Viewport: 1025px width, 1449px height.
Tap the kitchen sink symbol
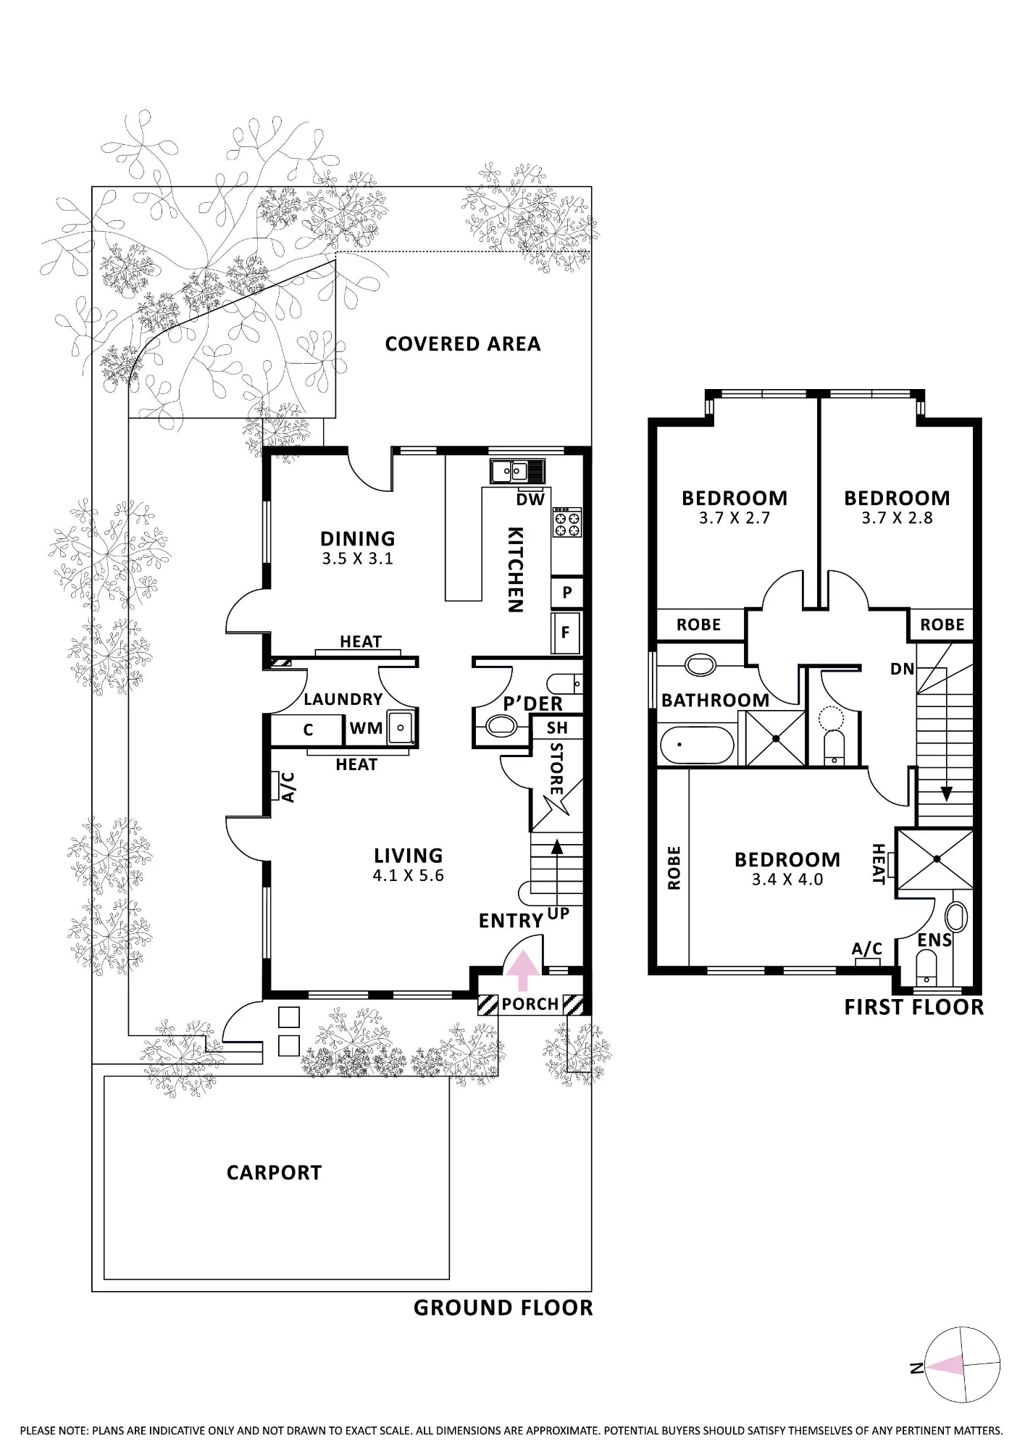[x=516, y=472]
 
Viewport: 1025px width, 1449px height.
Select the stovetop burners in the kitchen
[x=566, y=522]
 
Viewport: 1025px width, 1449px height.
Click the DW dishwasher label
[x=530, y=500]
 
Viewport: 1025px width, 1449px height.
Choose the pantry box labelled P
[x=566, y=593]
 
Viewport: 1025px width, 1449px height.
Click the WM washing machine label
[x=366, y=728]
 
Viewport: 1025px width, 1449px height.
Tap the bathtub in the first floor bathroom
[x=697, y=745]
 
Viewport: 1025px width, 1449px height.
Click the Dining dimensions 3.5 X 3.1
[x=358, y=559]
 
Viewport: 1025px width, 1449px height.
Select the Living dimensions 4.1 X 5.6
[x=408, y=875]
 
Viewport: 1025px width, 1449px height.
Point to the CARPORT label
[x=274, y=1173]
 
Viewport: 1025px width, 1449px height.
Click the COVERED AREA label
[x=463, y=344]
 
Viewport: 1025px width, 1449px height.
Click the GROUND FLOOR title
[x=503, y=1308]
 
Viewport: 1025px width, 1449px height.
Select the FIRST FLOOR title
[x=914, y=1007]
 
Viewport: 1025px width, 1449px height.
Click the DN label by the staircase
[x=903, y=669]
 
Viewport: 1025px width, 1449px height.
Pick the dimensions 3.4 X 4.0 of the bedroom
[x=787, y=880]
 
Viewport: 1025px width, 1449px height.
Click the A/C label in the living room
[x=288, y=787]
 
